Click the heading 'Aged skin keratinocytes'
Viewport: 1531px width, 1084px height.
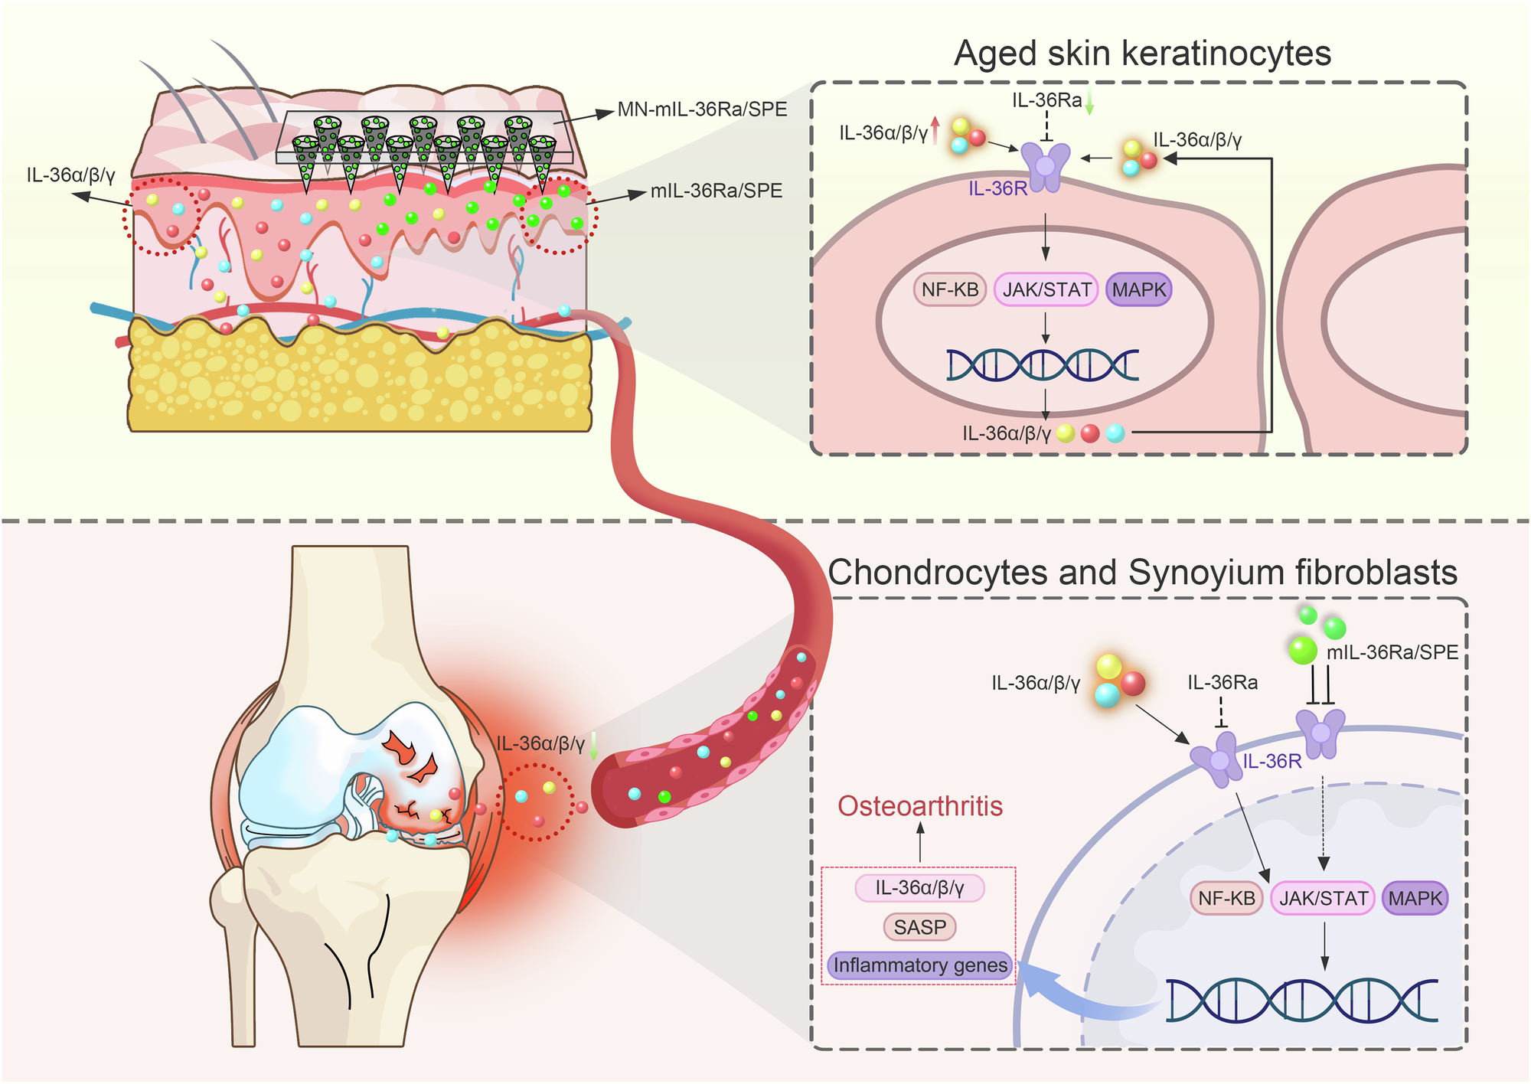1142,54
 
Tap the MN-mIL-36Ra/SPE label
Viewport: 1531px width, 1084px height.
702,109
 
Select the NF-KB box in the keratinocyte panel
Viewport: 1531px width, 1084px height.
950,290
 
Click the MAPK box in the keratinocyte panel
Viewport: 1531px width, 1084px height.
1139,290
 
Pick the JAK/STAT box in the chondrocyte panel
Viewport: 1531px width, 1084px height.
1323,898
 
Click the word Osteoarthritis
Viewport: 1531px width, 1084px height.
920,806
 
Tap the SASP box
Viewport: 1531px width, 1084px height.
920,927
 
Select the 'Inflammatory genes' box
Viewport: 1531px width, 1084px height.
920,965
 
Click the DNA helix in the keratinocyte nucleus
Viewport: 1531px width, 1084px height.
1043,365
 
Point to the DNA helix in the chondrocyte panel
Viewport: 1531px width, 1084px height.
1301,1000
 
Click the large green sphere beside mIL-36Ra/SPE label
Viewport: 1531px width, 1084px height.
1303,651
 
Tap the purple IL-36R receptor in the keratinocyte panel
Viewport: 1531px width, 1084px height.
1046,167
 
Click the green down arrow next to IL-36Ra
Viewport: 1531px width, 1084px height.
1090,103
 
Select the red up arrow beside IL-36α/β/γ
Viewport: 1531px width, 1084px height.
935,131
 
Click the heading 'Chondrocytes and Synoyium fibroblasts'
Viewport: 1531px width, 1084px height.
1142,573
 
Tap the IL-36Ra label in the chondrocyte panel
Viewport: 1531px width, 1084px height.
1223,682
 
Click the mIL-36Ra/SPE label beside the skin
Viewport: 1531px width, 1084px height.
716,191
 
